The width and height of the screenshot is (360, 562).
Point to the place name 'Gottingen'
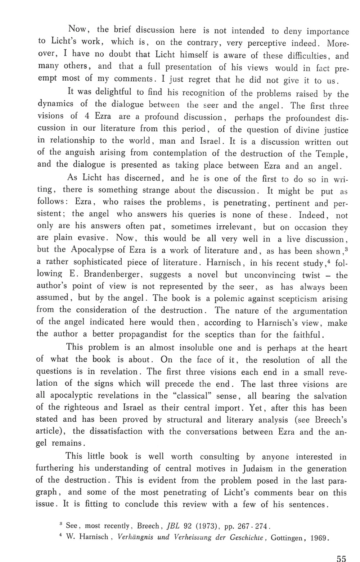pyautogui.click(x=288, y=538)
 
